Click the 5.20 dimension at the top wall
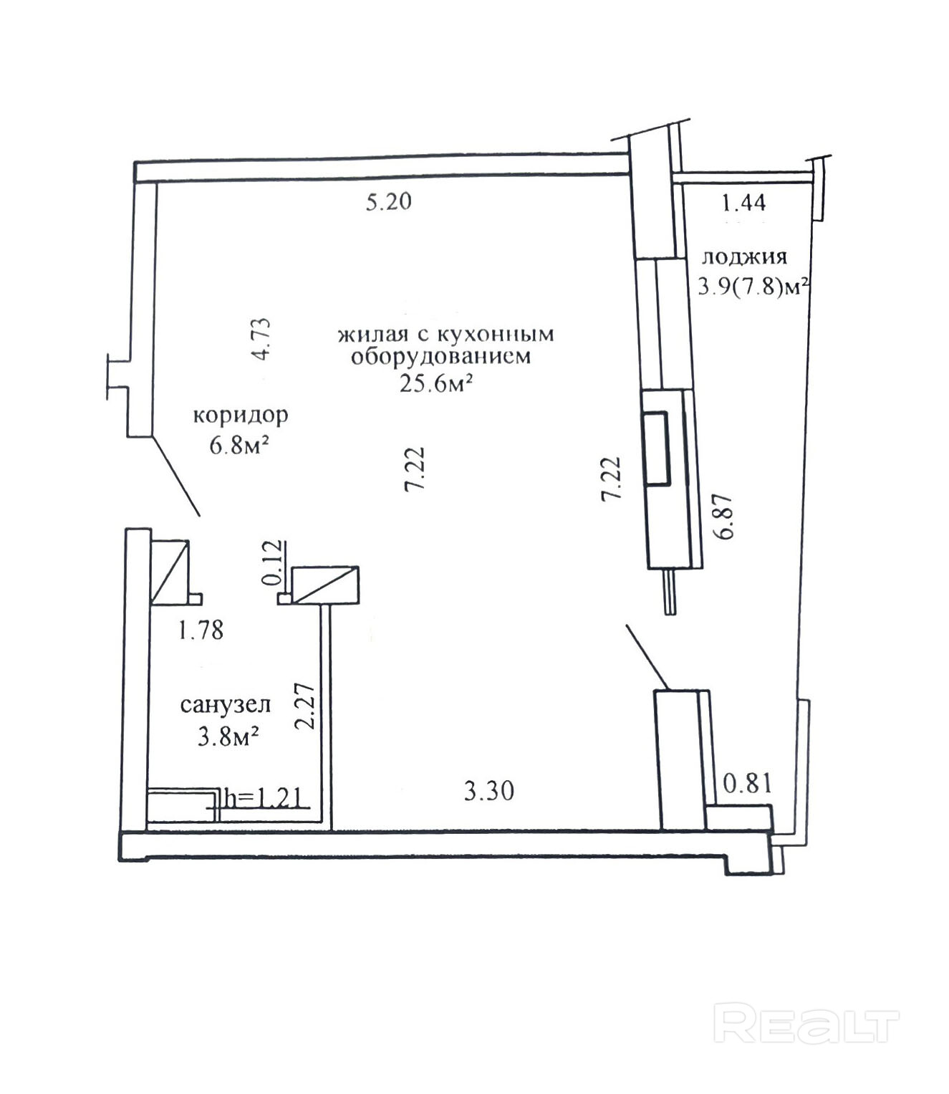point(388,202)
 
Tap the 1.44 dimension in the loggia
point(744,203)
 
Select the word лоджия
point(744,257)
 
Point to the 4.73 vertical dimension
point(262,340)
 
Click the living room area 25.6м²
point(437,383)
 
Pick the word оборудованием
point(440,356)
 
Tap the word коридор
point(241,416)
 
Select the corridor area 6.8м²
point(239,445)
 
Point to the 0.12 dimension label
point(272,562)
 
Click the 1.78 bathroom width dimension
point(201,630)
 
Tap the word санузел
point(226,705)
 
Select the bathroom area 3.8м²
point(228,737)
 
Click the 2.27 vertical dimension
point(305,706)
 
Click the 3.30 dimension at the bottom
point(489,792)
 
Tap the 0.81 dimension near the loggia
point(748,784)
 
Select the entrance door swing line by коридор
point(176,476)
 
